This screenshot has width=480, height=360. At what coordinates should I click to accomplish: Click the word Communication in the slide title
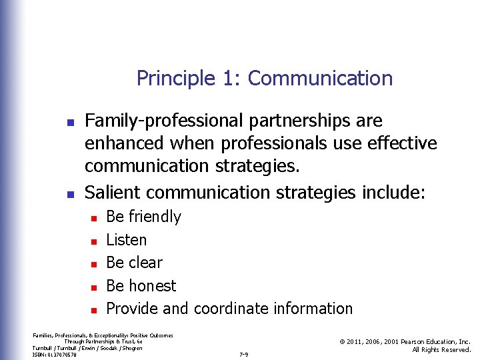pyautogui.click(x=320, y=79)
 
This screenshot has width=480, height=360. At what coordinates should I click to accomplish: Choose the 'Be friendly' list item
pyautogui.click(x=143, y=217)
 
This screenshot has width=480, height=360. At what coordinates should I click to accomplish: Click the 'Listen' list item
pyautogui.click(x=127, y=240)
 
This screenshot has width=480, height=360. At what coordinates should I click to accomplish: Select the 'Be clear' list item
pyautogui.click(x=134, y=263)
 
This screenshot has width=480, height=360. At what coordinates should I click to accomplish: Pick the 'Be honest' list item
pyautogui.click(x=141, y=286)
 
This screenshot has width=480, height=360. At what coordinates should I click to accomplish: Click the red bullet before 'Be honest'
pyautogui.click(x=94, y=287)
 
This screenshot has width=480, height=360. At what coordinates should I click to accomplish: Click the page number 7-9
pyautogui.click(x=243, y=355)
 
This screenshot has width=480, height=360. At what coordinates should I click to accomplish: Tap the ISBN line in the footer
pyautogui.click(x=55, y=355)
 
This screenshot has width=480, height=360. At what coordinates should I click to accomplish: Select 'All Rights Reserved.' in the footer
pyautogui.click(x=441, y=350)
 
